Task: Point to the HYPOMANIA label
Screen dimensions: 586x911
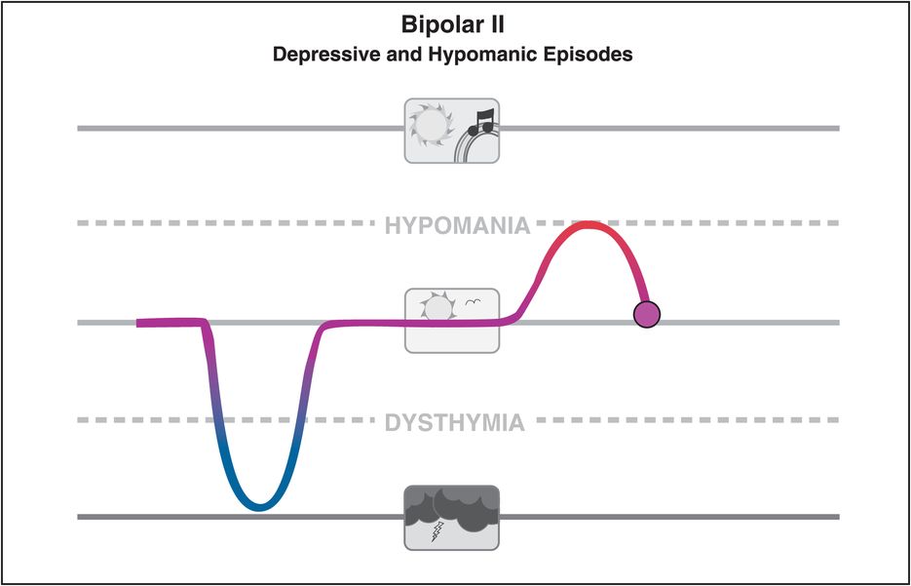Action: (x=456, y=226)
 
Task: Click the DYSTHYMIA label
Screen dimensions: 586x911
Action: (x=455, y=423)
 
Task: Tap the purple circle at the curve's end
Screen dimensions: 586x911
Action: (x=646, y=314)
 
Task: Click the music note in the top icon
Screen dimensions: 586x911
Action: (x=480, y=121)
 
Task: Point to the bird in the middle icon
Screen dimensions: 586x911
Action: (x=473, y=302)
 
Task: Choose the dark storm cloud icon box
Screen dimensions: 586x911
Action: (x=451, y=517)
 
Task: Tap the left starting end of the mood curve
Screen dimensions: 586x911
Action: (x=141, y=323)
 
